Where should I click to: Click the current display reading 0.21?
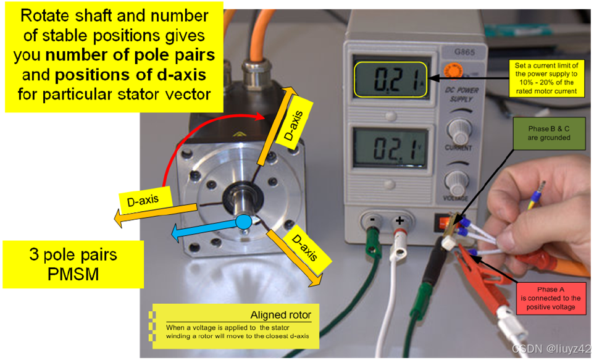pos(391,80)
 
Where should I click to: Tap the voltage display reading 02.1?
pos(390,148)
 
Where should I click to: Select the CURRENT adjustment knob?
pos(459,130)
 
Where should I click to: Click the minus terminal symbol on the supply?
pos(373,219)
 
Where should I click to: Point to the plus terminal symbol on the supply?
pos(399,220)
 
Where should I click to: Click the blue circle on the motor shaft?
pos(243,222)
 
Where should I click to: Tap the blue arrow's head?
pos(177,233)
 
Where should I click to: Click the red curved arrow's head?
pos(261,116)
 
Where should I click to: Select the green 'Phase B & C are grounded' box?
pos(549,133)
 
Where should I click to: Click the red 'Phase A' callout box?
pos(550,298)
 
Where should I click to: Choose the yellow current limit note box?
pos(546,78)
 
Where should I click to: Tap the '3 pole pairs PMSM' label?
pos(73,264)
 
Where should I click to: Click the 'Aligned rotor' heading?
pos(281,315)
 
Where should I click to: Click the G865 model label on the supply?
pos(464,52)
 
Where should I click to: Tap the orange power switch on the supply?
pos(440,222)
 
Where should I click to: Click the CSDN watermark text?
pos(551,348)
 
